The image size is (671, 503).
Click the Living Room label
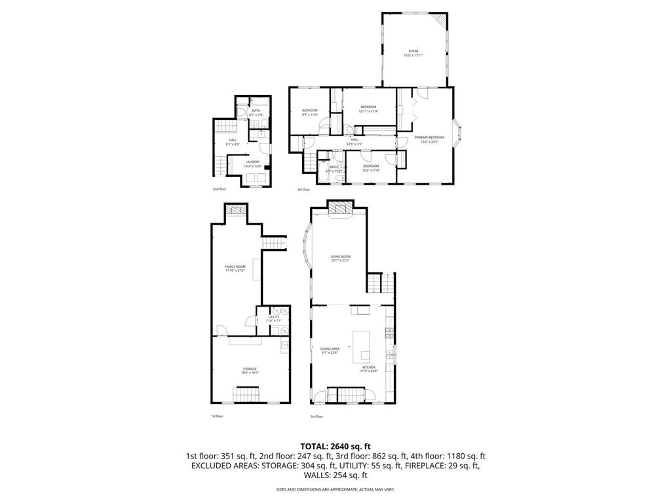(340, 258)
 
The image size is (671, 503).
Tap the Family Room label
(235, 268)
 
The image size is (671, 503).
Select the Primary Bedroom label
(429, 138)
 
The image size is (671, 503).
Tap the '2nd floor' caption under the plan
(219, 189)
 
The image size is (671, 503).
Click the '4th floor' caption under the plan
(303, 189)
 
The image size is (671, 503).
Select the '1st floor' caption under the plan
(217, 416)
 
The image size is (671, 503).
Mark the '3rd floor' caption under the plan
(316, 416)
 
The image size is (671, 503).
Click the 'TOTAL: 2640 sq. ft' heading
(335, 446)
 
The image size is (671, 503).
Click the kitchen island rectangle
(362, 346)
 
